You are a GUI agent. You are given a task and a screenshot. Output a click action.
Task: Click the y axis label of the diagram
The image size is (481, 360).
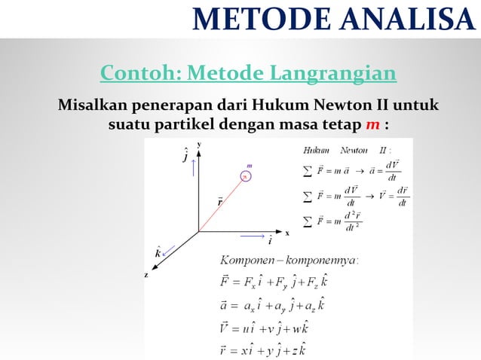[x=199, y=143]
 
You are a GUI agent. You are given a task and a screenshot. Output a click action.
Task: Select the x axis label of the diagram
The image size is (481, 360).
[x=286, y=233]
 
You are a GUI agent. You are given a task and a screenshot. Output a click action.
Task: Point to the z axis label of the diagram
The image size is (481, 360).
[x=147, y=274]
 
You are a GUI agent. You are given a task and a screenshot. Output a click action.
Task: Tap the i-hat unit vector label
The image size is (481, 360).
[x=270, y=241]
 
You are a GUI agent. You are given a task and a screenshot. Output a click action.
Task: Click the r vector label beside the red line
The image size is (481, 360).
[x=219, y=202]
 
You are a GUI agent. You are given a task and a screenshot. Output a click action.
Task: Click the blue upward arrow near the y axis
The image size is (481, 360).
[x=194, y=167]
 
